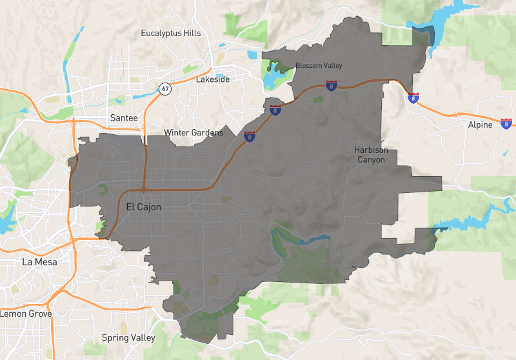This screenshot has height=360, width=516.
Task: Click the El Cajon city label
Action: point(139,207)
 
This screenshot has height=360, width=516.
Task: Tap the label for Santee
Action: point(124,118)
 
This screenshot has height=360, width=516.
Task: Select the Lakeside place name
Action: point(213,80)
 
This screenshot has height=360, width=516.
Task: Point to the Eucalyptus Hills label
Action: point(171,33)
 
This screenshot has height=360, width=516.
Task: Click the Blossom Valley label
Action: point(319,66)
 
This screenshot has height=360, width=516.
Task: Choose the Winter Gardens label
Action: point(193,133)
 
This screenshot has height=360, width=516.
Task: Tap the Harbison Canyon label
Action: point(372,155)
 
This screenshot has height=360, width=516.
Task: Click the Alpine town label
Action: point(479,125)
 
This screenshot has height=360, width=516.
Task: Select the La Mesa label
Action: point(39,262)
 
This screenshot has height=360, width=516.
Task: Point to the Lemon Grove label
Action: point(26,314)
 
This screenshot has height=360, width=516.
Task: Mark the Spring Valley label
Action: point(129,337)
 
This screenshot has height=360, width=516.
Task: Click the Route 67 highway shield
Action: point(166,88)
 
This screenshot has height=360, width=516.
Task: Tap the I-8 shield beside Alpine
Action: point(506,123)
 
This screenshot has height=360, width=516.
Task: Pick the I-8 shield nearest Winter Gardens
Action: point(249,136)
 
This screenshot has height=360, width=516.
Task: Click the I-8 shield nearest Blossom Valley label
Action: point(331,86)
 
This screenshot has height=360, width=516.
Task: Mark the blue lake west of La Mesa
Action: point(5,223)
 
